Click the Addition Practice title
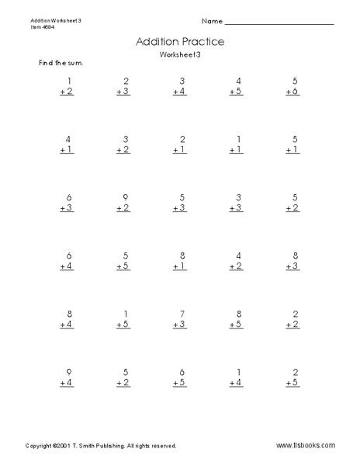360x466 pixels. [x=180, y=42]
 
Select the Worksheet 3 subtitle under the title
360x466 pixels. [x=180, y=57]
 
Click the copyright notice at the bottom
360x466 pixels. [x=101, y=446]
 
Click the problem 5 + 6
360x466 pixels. [x=290, y=85]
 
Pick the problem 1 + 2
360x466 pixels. [x=67, y=85]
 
